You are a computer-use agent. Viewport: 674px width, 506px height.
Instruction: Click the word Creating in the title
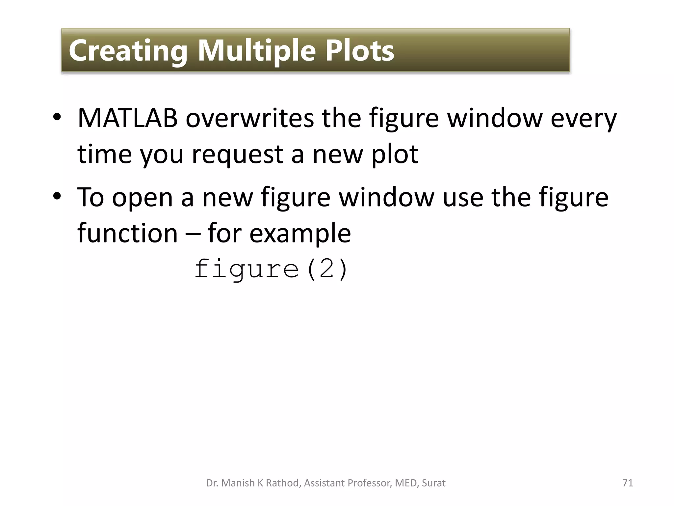(128, 51)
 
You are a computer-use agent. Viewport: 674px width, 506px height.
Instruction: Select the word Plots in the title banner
(359, 51)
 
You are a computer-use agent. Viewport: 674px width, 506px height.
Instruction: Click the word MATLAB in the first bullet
(128, 118)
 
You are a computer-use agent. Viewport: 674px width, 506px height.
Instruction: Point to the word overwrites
(250, 118)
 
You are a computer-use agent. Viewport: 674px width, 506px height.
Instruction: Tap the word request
(237, 155)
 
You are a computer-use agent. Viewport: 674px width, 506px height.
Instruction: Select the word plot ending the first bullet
(395, 155)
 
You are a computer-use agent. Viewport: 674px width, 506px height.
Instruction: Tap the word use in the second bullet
(463, 198)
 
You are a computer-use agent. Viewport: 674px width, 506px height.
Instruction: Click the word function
(128, 233)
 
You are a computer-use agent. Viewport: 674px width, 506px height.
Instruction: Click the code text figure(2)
(271, 270)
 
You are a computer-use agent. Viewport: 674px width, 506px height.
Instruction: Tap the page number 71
(628, 483)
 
